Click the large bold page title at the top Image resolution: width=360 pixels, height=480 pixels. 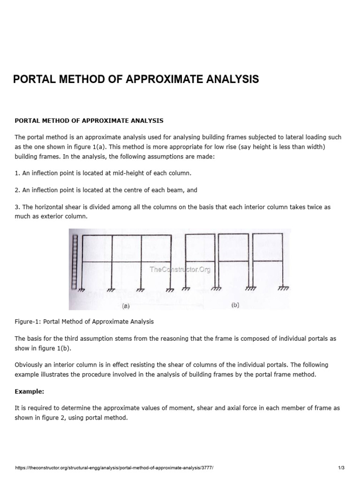pos(136,79)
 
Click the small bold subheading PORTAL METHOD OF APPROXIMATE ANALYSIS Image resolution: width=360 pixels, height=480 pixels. pos(89,120)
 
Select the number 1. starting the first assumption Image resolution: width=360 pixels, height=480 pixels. pos(17,173)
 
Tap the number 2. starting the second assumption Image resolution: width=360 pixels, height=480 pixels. pos(17,190)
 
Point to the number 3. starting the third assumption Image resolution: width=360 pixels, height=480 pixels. pos(17,207)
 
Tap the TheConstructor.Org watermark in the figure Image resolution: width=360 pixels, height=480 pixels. pos(180,269)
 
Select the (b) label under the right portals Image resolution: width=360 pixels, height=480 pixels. pos(235,305)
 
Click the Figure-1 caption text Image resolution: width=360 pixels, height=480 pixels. pos(84,322)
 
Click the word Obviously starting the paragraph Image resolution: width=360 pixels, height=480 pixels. pos(31,365)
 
